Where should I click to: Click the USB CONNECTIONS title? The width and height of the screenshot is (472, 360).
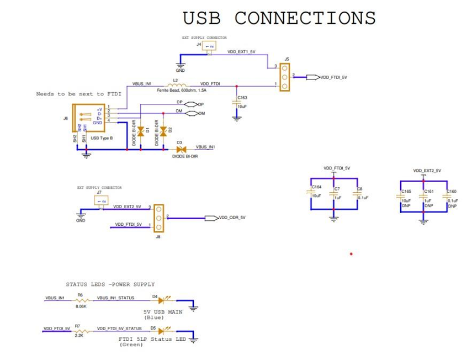click(279, 18)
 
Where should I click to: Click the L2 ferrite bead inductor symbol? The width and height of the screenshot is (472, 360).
click(176, 84)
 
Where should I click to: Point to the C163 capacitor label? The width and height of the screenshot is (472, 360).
click(242, 98)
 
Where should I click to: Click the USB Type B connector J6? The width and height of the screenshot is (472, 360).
click(88, 119)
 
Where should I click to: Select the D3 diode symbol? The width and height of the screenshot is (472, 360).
click(181, 149)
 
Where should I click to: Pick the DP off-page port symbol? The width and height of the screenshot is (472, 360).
click(191, 104)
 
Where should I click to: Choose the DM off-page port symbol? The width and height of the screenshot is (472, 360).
click(191, 114)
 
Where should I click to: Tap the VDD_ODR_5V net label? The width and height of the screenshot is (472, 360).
click(232, 218)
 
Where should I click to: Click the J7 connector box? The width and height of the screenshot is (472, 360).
click(101, 200)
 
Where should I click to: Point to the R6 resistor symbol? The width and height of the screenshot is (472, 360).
click(81, 301)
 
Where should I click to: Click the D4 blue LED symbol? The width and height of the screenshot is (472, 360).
click(163, 301)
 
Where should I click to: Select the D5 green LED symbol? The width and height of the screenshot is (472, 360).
click(163, 331)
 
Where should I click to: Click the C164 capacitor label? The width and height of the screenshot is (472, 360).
click(316, 187)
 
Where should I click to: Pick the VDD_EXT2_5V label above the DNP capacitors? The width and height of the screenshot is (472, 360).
click(427, 171)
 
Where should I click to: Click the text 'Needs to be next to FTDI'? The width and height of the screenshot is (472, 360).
click(78, 94)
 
